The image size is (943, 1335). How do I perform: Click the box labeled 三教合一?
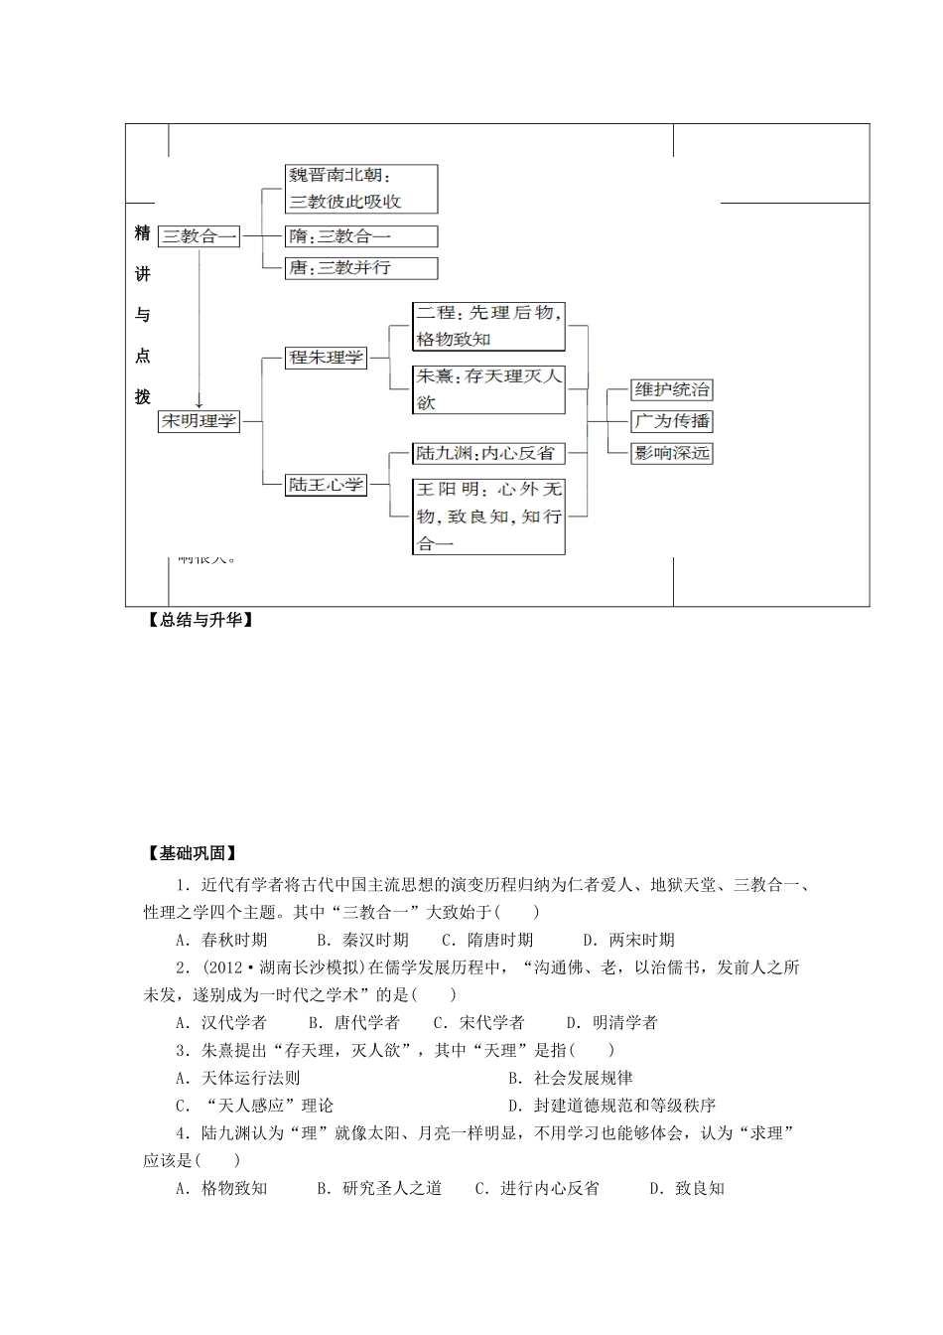click(x=200, y=236)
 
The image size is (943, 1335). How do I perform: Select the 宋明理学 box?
click(x=200, y=421)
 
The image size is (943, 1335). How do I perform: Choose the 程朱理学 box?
click(x=326, y=358)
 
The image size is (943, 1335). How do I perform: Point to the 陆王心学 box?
click(x=326, y=485)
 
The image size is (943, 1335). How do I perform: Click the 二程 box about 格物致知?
click(x=488, y=326)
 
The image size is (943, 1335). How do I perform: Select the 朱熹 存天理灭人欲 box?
click(x=488, y=389)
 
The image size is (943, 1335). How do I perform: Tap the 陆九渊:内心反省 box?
click(x=488, y=453)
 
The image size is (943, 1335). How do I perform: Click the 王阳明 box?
click(x=488, y=517)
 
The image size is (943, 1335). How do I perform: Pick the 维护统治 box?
click(x=672, y=389)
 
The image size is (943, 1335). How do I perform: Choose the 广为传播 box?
click(x=672, y=421)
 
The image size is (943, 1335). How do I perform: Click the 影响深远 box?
click(x=672, y=453)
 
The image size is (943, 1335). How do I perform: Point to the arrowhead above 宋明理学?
click(x=200, y=403)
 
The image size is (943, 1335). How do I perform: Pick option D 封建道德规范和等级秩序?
click(x=611, y=1106)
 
